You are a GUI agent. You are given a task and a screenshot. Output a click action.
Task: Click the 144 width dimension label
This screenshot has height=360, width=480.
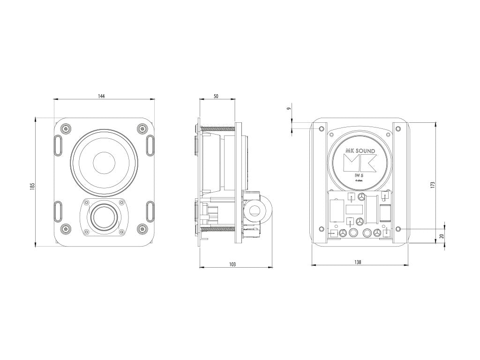pos(101,96)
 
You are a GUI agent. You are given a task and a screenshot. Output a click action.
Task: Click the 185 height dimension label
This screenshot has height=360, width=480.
pos(32,186)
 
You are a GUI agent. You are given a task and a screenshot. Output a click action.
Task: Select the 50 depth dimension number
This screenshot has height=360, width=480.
pos(216,96)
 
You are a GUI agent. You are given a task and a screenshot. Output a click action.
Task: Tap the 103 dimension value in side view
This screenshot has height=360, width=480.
pos(232,264)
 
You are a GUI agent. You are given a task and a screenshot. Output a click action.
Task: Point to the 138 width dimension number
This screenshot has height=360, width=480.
pos(358,262)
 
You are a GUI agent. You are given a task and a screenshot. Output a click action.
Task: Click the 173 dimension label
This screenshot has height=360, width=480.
pos(433,185)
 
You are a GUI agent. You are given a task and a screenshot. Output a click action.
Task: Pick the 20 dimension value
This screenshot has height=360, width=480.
pos(441,237)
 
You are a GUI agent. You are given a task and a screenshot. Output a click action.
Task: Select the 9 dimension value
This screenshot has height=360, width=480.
pos(289,108)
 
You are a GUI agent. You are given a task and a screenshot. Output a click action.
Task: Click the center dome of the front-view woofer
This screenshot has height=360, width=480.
pos(104,163)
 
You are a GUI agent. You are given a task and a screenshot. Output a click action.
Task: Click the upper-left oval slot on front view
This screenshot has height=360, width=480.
pos(57,145)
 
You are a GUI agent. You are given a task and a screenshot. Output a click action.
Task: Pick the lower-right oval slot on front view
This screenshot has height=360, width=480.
pos(150,211)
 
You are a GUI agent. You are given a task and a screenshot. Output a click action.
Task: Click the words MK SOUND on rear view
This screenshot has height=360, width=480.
pos(360,150)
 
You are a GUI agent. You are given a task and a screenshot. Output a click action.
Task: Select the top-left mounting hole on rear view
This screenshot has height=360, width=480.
pos(321,128)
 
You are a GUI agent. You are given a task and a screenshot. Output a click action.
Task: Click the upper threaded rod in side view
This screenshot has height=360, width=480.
pos(218,128)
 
